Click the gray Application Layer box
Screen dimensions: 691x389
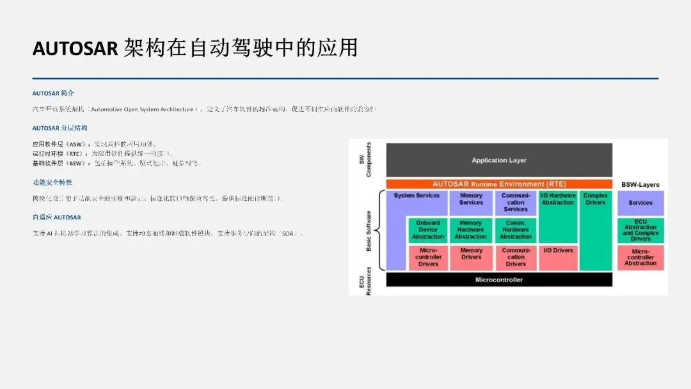(x=499, y=160)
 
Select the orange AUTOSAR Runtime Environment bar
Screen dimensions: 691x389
(x=499, y=184)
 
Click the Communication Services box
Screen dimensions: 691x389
(x=516, y=202)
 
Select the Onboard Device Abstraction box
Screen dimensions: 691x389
(x=428, y=230)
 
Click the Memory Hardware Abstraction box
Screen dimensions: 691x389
(x=471, y=230)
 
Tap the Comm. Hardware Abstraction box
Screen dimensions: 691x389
(x=516, y=230)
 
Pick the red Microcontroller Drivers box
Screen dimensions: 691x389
(x=428, y=257)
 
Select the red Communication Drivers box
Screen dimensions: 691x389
(x=516, y=257)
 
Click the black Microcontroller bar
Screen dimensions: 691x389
(x=499, y=280)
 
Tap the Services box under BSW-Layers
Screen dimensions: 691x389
(x=640, y=203)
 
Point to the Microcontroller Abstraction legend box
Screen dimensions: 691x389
(x=640, y=257)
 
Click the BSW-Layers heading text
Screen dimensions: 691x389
(x=640, y=185)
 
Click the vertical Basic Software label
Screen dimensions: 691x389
(x=369, y=230)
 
